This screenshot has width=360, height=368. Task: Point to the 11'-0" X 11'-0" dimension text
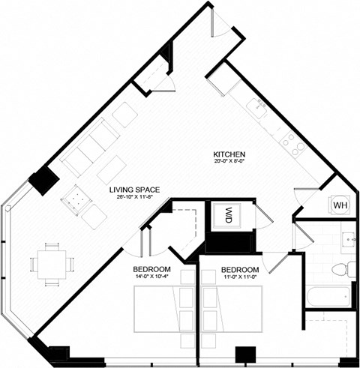(239, 277)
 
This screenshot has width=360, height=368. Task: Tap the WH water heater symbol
(339, 205)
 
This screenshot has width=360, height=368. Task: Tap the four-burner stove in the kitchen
(292, 145)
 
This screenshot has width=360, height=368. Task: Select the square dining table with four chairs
(51, 264)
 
